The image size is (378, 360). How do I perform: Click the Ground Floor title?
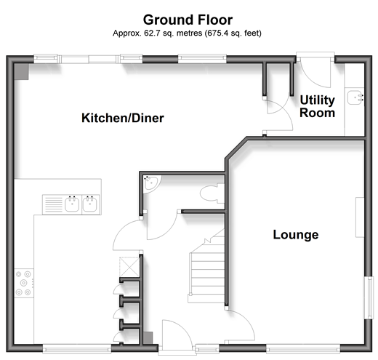tap(188, 20)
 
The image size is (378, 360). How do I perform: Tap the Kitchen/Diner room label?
tap(123, 118)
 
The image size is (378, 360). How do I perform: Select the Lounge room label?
tap(296, 234)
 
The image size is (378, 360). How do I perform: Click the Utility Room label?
tap(318, 106)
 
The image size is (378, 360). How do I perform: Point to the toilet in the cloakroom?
tap(212, 193)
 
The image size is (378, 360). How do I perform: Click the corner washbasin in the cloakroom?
tap(151, 184)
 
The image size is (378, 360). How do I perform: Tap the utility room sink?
tap(355, 97)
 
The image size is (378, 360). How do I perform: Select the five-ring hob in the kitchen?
tap(24, 283)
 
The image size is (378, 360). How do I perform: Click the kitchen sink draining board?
tap(54, 204)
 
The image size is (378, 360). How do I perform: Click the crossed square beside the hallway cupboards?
tap(129, 267)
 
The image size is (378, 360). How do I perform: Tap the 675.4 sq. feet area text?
tap(233, 33)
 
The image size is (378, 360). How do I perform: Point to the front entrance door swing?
tap(177, 335)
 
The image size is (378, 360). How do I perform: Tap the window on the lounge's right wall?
tap(369, 297)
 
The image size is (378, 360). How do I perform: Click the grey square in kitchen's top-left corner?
tap(21, 72)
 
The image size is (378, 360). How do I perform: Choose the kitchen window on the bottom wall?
tap(77, 348)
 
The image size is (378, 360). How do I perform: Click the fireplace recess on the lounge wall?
tap(360, 217)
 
